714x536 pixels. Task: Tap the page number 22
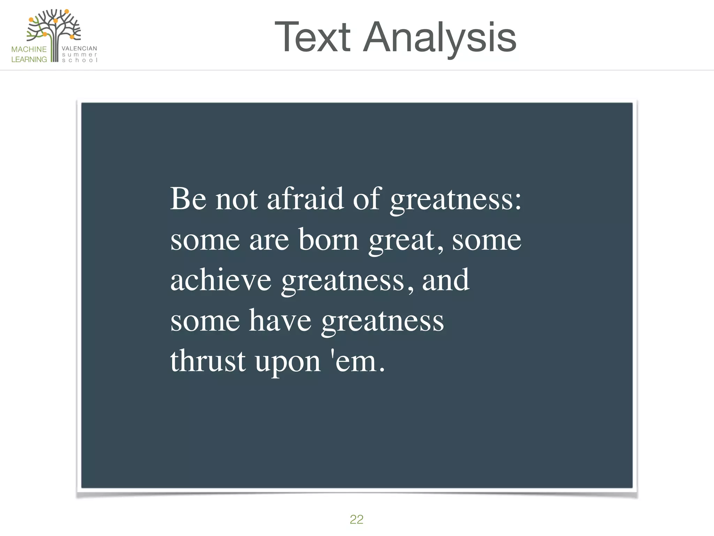[356, 519]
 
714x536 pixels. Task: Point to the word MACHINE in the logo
[29, 49]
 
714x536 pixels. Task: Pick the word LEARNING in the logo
[29, 59]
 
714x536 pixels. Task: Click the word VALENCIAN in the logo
[79, 49]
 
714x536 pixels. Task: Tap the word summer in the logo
[79, 54]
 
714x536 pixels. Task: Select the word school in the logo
[79, 60]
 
